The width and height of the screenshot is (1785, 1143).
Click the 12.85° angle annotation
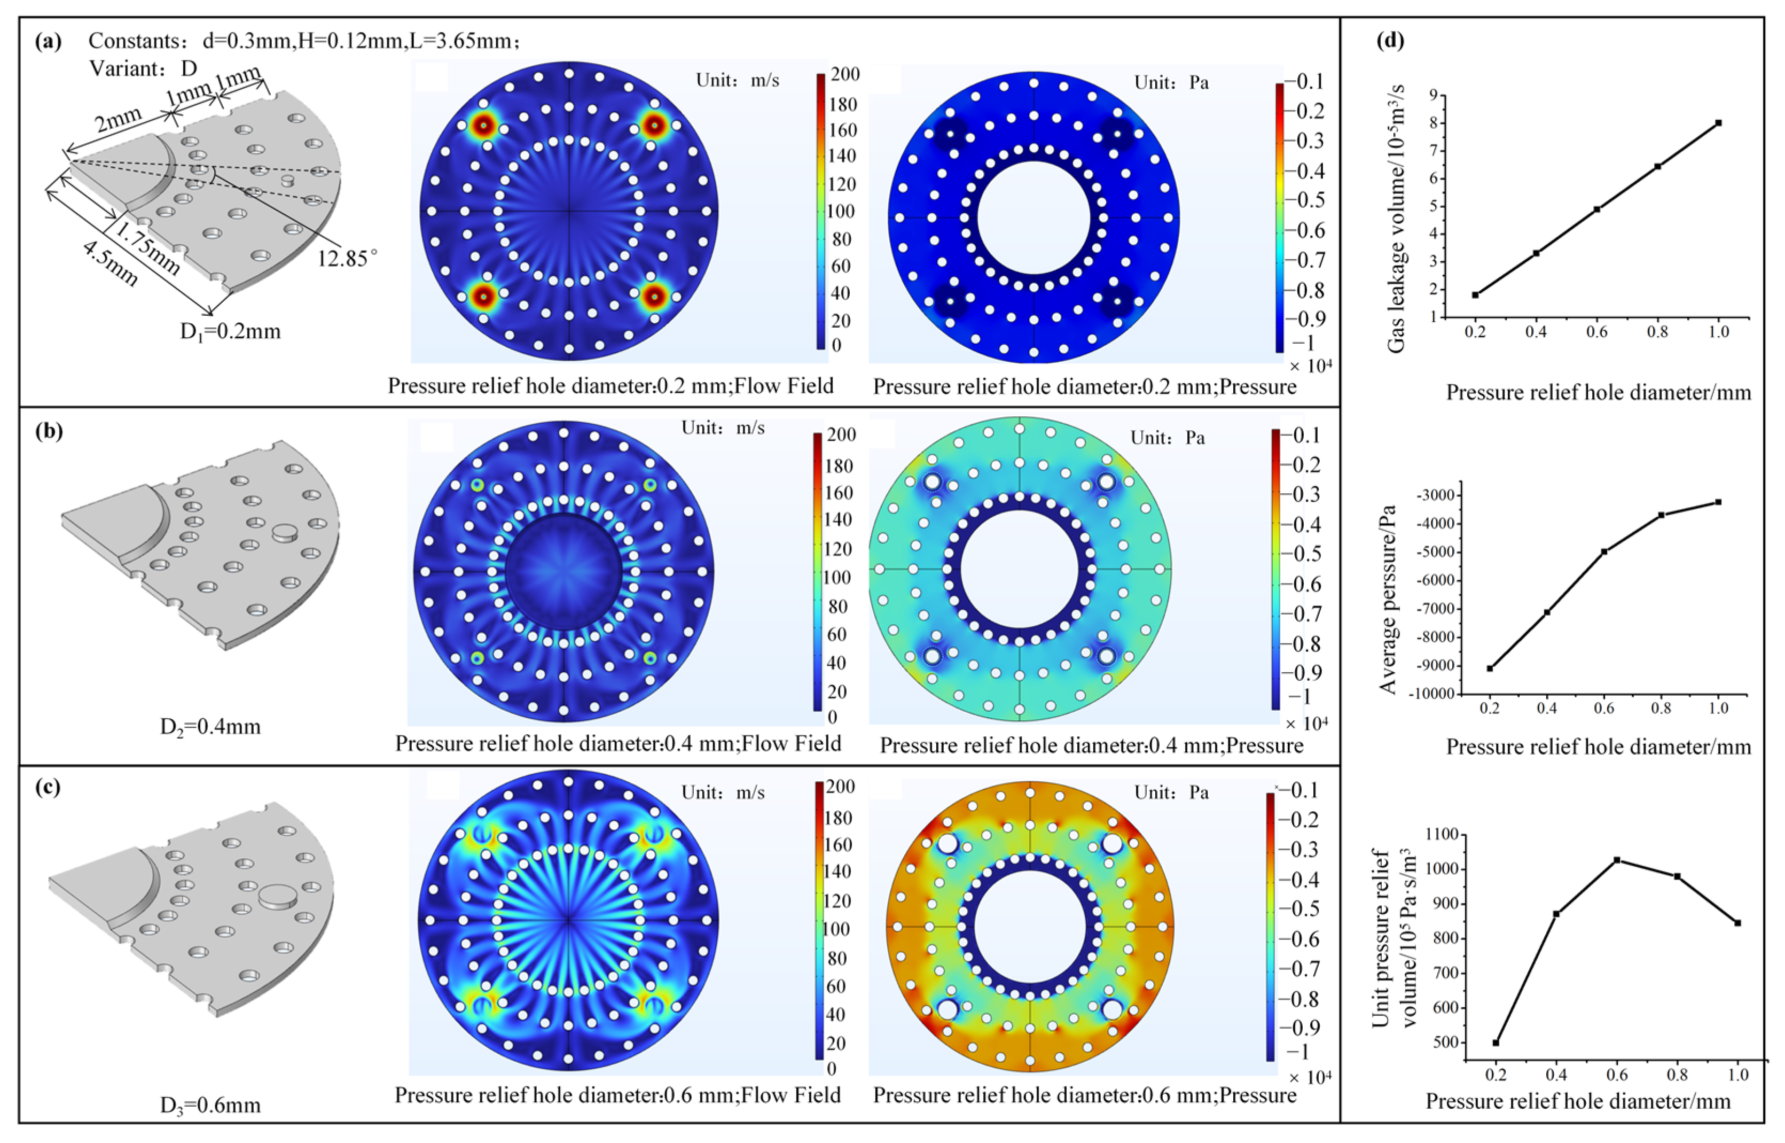pyautogui.click(x=347, y=258)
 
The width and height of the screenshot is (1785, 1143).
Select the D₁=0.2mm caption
pyautogui.click(x=230, y=331)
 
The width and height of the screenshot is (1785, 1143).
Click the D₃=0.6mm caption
pyautogui.click(x=210, y=1105)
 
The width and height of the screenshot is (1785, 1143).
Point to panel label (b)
pyautogui.click(x=49, y=432)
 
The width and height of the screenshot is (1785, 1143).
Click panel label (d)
pyautogui.click(x=1390, y=40)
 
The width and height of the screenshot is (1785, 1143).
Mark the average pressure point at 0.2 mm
pyautogui.click(x=1490, y=668)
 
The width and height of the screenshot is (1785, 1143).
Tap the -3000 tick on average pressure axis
pyautogui.click(x=1436, y=495)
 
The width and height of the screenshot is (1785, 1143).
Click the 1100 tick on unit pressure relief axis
pyautogui.click(x=1440, y=835)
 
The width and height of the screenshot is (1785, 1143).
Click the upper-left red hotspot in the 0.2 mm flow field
pyautogui.click(x=484, y=126)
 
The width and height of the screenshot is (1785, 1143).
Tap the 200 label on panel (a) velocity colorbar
pyautogui.click(x=845, y=74)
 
